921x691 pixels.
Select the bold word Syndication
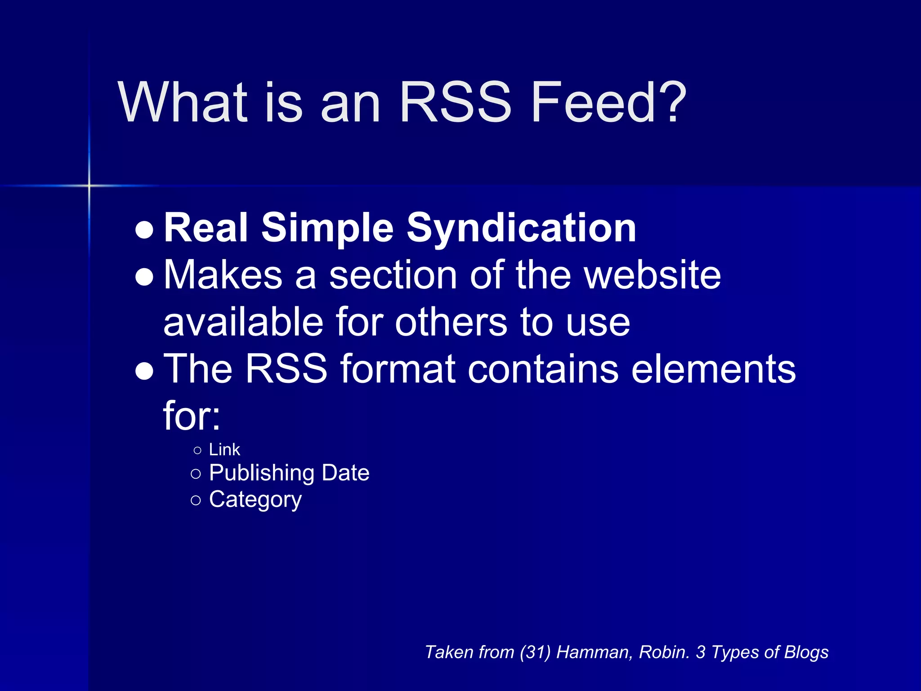(x=521, y=229)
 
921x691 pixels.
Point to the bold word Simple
(x=327, y=229)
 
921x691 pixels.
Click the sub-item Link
(x=224, y=449)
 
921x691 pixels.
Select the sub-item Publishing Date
(x=289, y=473)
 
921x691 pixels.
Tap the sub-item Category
(x=255, y=499)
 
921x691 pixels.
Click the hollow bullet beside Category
(x=196, y=500)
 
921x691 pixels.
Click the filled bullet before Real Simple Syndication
(x=144, y=230)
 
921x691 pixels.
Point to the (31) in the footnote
(x=535, y=652)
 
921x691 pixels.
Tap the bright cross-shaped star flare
(x=89, y=185)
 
